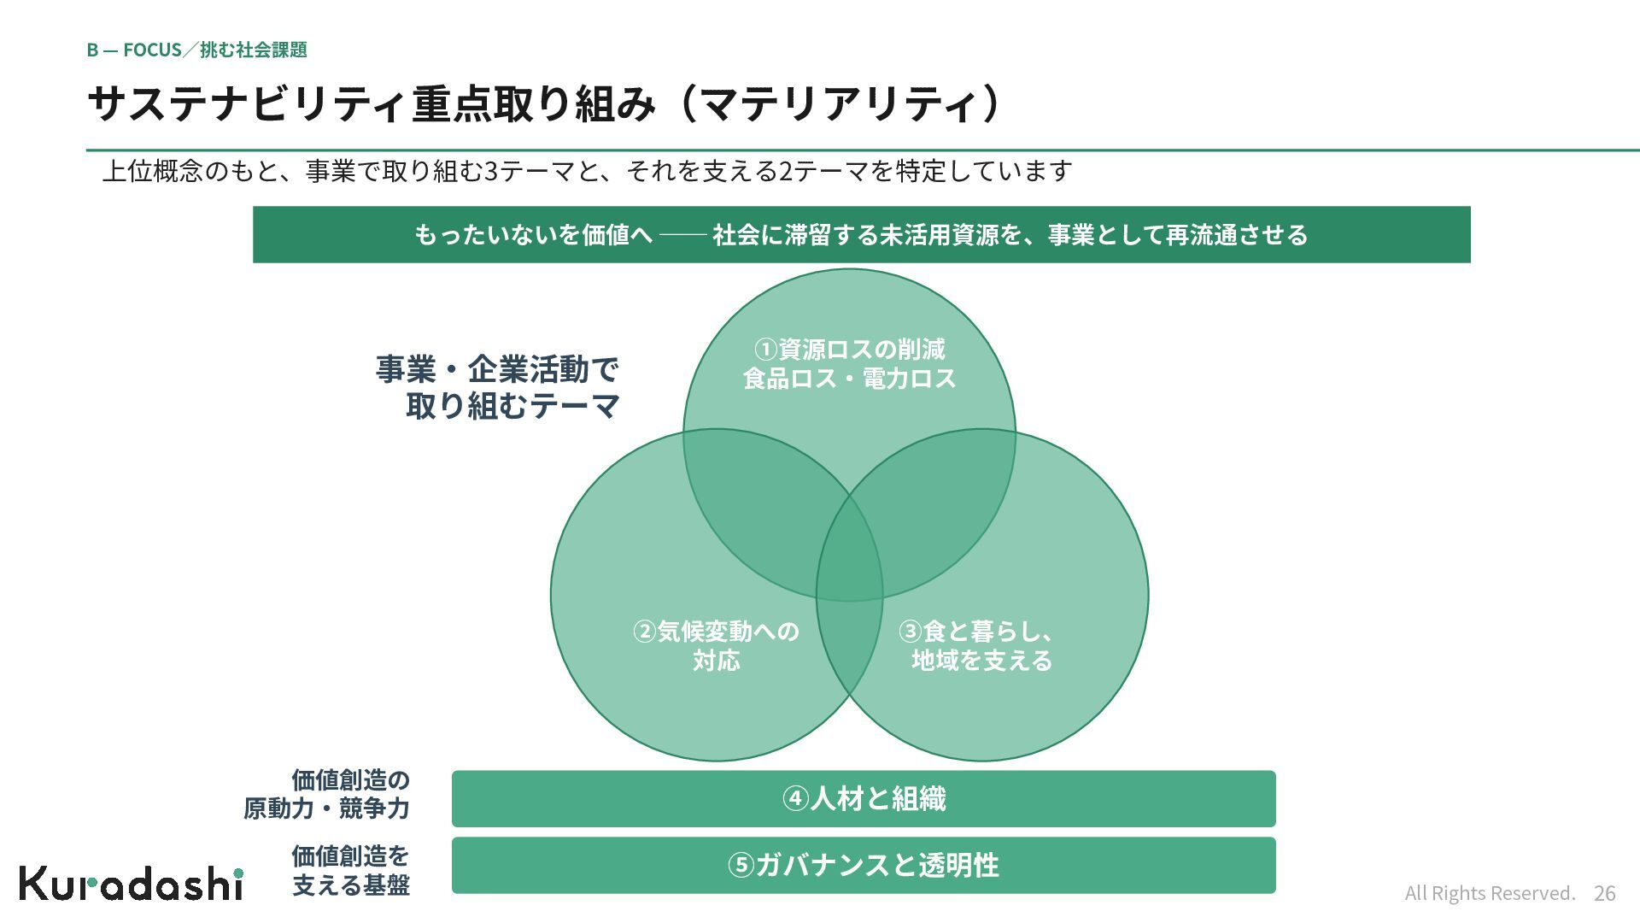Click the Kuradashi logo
point(132,883)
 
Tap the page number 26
point(1604,893)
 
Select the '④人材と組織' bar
point(864,798)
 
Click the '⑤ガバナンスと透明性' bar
point(864,865)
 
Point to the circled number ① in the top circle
point(765,350)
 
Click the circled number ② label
point(644,632)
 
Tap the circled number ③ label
point(910,632)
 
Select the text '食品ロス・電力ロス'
point(849,379)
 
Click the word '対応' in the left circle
point(716,661)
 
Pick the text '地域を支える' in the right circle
point(981,661)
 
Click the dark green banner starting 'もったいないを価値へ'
point(861,234)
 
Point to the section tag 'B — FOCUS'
point(134,50)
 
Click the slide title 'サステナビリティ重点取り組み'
point(372,103)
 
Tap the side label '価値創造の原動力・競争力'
point(326,794)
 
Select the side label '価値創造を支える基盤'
point(350,870)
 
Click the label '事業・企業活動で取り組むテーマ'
point(498,387)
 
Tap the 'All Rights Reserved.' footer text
point(1490,893)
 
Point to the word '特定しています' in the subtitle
point(984,171)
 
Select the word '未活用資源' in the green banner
point(939,234)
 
